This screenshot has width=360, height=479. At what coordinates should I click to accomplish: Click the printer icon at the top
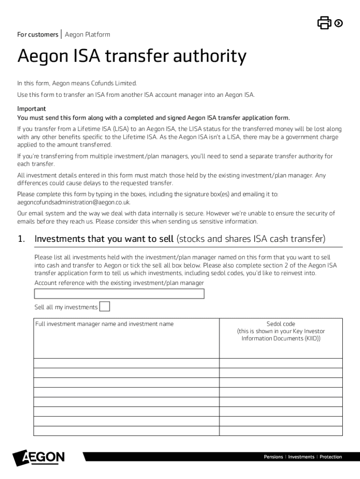click(x=324, y=22)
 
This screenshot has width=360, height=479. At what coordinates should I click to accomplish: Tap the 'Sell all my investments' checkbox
click(x=105, y=306)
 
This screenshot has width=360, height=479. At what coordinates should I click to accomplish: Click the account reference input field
click(x=119, y=294)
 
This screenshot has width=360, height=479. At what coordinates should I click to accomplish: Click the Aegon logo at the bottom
click(x=39, y=457)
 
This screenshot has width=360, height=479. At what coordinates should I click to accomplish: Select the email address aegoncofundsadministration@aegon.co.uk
click(x=74, y=202)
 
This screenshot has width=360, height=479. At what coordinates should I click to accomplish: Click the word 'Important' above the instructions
click(x=31, y=109)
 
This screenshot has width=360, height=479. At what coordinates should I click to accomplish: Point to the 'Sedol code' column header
click(x=281, y=324)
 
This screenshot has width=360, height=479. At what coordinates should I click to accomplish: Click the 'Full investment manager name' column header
click(x=104, y=324)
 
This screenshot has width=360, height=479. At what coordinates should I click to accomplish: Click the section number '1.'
click(x=21, y=239)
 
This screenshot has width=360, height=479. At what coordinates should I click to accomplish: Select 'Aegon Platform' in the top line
click(x=87, y=35)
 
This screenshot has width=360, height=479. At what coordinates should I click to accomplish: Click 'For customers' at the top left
click(x=37, y=35)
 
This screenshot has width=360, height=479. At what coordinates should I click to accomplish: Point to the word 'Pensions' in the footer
click(x=274, y=457)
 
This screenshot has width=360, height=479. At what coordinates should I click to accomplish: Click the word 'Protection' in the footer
click(x=331, y=457)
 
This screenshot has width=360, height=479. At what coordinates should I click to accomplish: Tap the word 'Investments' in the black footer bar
click(x=301, y=457)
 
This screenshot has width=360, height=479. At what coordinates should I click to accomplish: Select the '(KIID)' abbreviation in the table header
click(x=311, y=338)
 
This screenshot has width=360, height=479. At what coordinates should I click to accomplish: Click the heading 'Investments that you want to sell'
click(x=104, y=239)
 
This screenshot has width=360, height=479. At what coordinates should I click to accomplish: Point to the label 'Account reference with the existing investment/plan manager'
click(x=119, y=283)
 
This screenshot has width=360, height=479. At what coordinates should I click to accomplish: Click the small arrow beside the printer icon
click(x=338, y=22)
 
